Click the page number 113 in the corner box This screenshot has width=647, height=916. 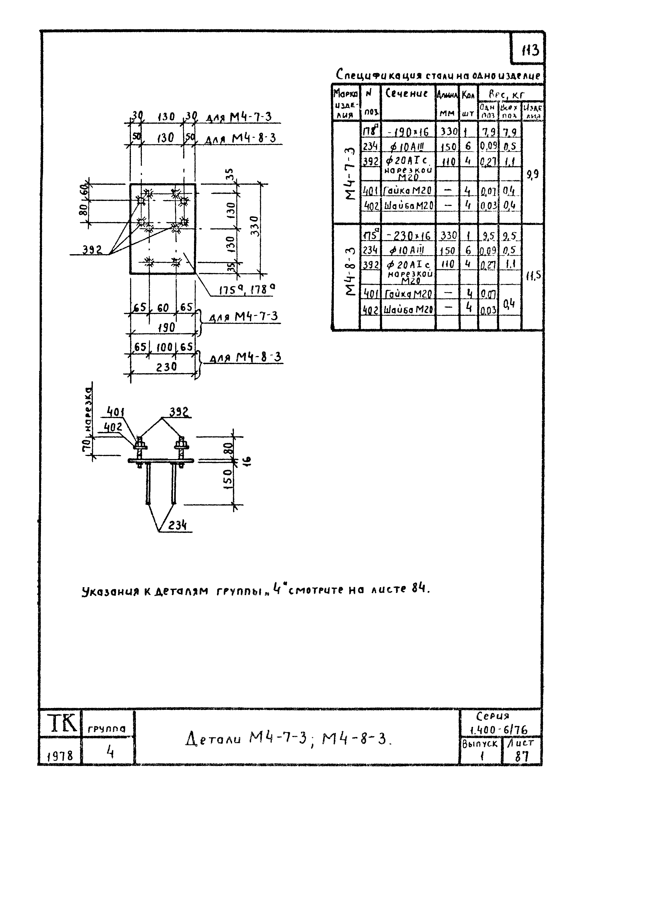coord(530,51)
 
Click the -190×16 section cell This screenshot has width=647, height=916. coord(408,131)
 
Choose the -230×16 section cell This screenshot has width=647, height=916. coord(408,236)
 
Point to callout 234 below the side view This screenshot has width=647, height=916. coord(177,525)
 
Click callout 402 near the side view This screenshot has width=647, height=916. coord(113,427)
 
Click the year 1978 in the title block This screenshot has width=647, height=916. coord(60,755)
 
